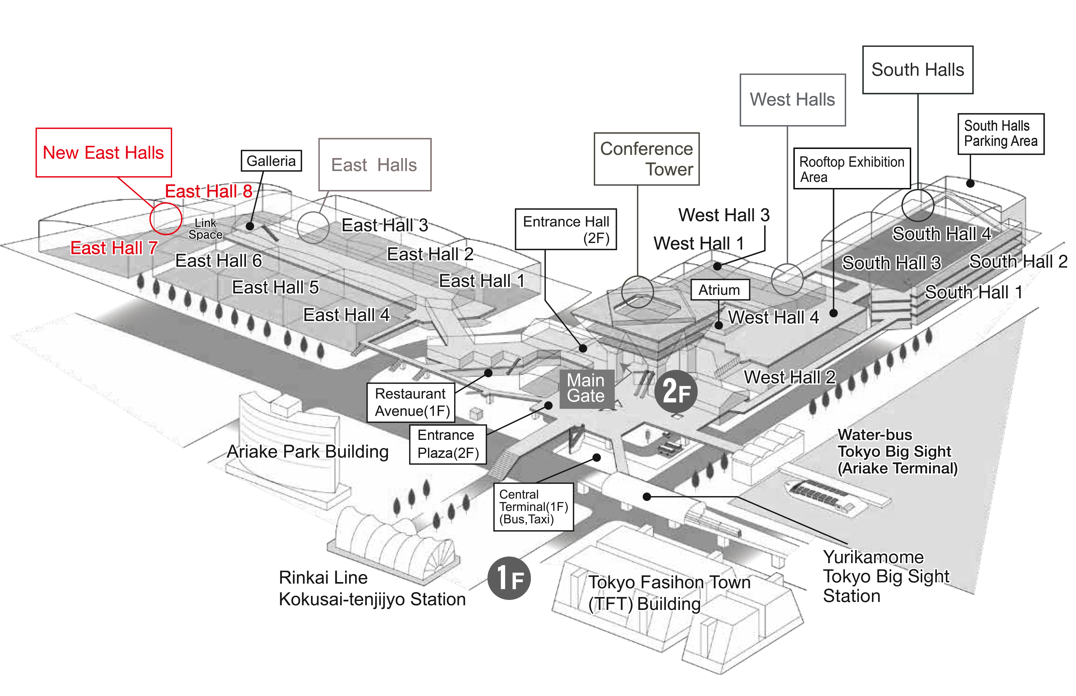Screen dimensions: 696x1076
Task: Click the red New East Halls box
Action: [103, 153]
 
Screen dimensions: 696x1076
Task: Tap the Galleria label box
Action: [271, 161]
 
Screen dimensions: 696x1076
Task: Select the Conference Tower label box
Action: [646, 159]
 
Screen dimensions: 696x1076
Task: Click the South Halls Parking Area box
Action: [1001, 134]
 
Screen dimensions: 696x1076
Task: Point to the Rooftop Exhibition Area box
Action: [851, 169]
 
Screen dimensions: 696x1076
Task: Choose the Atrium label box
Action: [720, 290]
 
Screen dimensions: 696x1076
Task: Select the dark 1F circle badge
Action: [509, 578]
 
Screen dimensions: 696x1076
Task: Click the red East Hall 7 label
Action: [114, 248]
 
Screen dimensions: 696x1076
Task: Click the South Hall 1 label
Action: [973, 292]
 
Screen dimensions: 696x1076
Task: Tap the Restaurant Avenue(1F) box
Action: [411, 403]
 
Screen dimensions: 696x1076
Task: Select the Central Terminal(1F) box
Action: [533, 507]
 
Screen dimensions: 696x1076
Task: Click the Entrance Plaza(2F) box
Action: [448, 444]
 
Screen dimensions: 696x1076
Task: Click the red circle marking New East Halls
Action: [166, 218]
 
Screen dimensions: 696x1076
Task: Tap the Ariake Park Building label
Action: [308, 451]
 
